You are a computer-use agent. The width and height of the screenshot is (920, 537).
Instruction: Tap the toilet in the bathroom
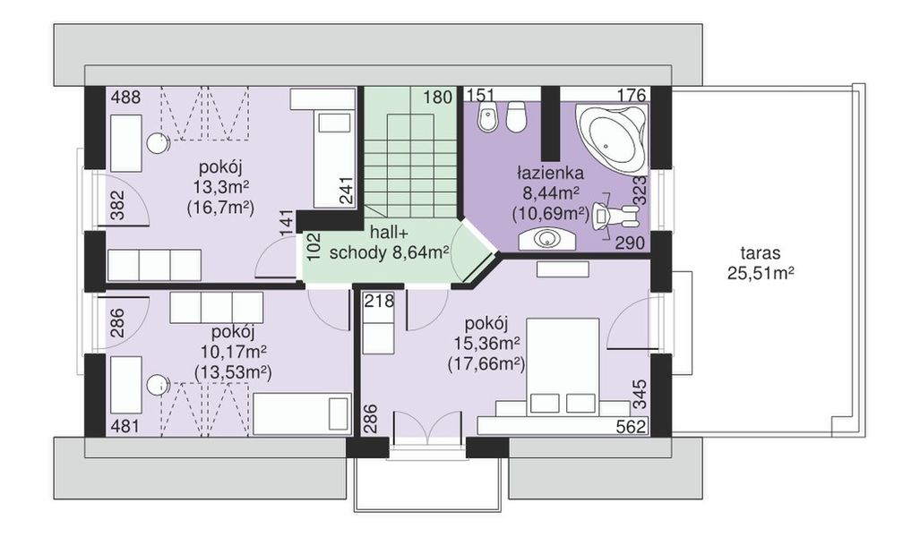pos(516,116)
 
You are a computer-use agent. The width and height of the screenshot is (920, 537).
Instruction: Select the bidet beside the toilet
pos(486,116)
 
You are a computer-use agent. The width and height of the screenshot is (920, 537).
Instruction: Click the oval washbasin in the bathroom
pos(547,239)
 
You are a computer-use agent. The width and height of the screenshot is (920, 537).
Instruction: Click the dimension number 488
pos(125,97)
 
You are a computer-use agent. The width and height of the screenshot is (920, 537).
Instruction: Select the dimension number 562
pos(631,427)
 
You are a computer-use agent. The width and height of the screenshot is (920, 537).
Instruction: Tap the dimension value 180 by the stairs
pos(438,97)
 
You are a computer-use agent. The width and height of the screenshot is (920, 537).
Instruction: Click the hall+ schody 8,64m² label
pos(389,243)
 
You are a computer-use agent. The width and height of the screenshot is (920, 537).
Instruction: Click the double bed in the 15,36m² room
pos(563,367)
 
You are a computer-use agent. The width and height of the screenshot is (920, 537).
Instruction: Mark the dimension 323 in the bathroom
pos(641,190)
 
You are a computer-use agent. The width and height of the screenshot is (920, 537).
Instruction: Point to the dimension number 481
pos(125,426)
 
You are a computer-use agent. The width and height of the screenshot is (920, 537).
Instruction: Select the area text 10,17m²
pos(233,352)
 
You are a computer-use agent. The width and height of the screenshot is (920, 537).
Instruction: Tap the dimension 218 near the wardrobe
pos(378,301)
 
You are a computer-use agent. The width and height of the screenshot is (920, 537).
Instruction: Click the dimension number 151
pos(480,95)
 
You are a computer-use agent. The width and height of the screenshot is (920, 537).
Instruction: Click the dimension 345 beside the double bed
pos(640,395)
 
